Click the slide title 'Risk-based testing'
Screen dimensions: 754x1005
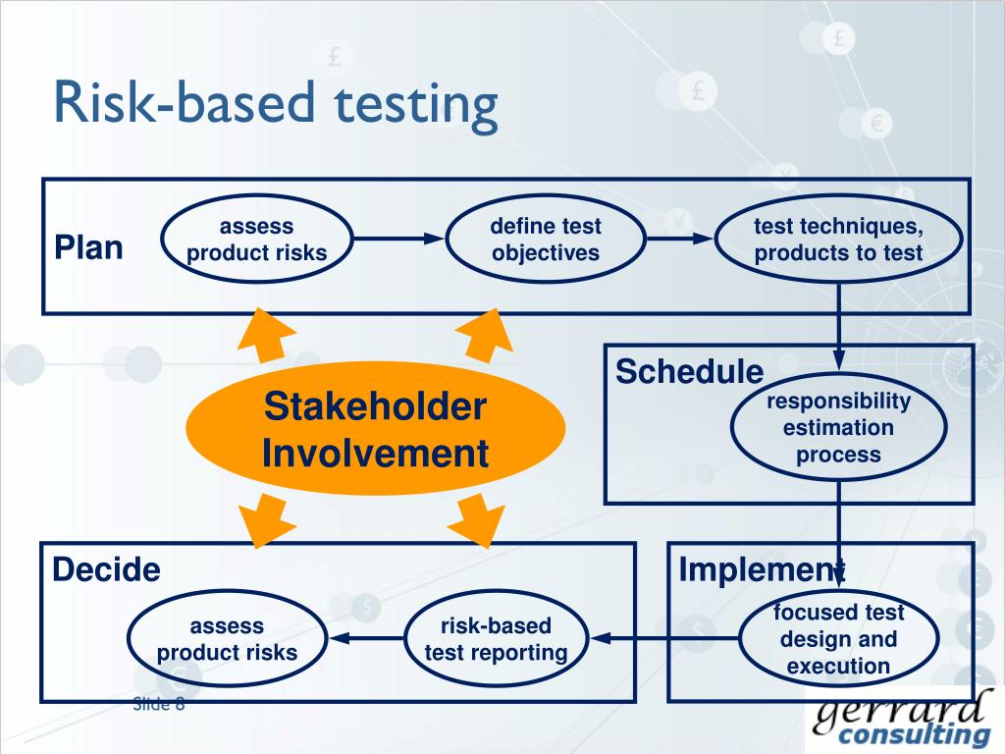pos(276,105)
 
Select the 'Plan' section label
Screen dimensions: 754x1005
pos(88,247)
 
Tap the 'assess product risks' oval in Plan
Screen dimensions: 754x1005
pos(256,241)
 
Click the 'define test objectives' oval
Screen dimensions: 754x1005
pos(546,241)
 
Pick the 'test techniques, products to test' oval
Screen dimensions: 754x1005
pos(838,241)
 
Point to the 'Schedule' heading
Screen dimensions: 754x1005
pos(689,372)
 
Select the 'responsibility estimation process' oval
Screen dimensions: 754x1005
pos(838,428)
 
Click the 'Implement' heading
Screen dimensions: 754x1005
pos(762,569)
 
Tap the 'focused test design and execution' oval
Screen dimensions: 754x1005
pos(838,639)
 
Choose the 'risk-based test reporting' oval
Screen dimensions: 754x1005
pos(496,639)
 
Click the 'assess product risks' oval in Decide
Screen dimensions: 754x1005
pos(227,639)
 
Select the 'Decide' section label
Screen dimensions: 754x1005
pos(106,569)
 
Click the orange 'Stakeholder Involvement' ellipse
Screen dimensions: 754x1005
pos(375,430)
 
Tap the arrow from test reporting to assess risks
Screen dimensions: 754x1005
pos(365,639)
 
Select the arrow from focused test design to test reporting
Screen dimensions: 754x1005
pos(665,639)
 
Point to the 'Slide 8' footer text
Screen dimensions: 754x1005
pos(159,704)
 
